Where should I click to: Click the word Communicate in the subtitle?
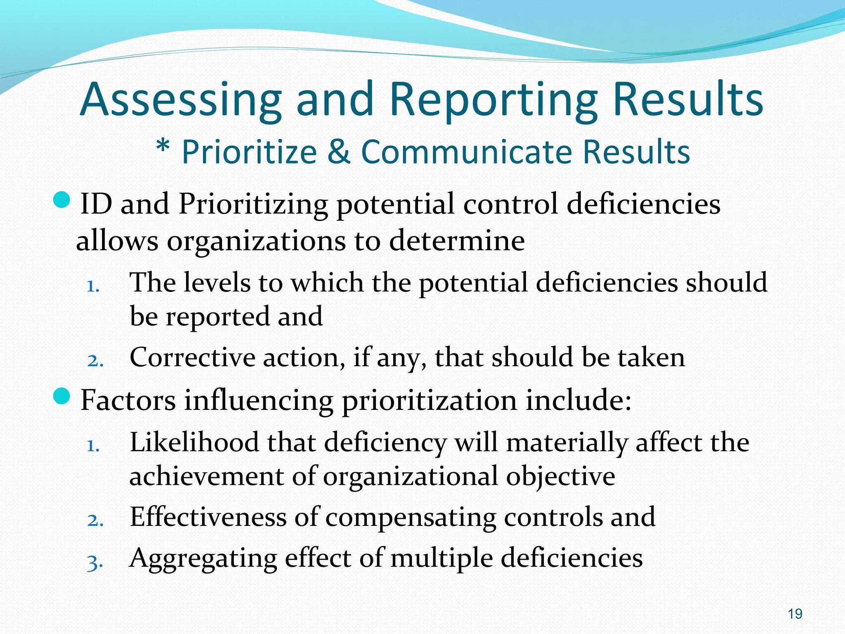[x=466, y=152]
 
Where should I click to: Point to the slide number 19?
[x=795, y=614]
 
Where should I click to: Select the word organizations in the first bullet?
[x=256, y=241]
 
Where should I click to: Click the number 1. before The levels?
[x=94, y=286]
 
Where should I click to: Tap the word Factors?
[x=128, y=400]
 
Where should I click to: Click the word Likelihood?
[x=194, y=442]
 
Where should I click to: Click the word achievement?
[x=206, y=477]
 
